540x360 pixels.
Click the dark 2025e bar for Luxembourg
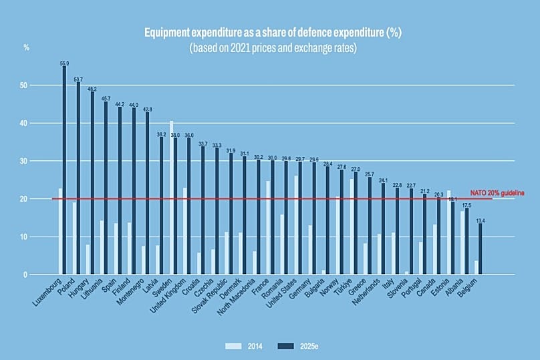(x=64, y=170)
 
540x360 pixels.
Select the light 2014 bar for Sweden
(x=171, y=198)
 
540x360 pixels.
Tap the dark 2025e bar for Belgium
(x=480, y=249)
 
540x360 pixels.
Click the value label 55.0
(x=64, y=63)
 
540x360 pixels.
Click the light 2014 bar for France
(x=268, y=228)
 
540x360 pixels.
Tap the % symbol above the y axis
(x=27, y=47)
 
